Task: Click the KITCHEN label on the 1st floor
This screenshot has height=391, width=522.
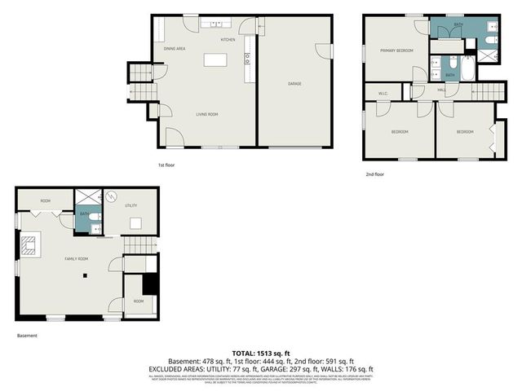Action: point(228,40)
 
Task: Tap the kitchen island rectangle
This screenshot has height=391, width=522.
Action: point(215,59)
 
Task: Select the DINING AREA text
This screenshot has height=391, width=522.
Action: point(175,49)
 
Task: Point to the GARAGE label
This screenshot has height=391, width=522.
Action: point(295,83)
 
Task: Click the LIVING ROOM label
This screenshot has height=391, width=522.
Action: point(206,114)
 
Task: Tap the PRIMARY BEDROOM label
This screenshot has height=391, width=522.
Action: point(396,51)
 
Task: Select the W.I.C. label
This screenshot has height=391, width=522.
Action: point(383,93)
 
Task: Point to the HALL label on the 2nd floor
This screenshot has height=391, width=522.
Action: point(440,90)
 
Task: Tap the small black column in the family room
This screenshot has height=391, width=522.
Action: point(84,276)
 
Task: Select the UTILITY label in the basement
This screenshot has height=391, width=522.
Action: point(131,206)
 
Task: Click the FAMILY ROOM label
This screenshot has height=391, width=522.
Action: point(77,258)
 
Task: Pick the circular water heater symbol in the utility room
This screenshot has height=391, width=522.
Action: point(111,196)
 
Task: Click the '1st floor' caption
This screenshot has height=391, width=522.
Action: point(167,165)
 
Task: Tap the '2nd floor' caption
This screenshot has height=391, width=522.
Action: point(375,174)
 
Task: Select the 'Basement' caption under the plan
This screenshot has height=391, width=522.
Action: point(27,335)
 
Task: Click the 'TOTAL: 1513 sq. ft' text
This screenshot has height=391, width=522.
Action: point(261,353)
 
